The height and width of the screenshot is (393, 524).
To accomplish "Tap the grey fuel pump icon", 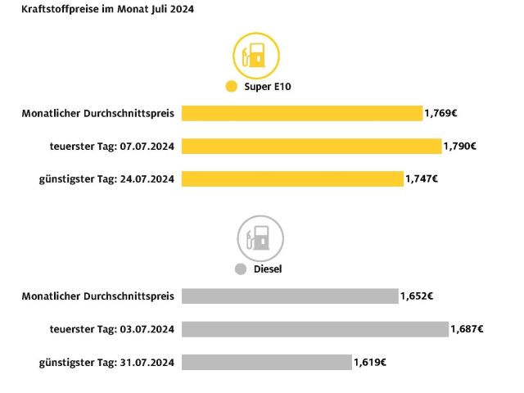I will [260, 238].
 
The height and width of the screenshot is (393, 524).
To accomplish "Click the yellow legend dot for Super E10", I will [230, 87].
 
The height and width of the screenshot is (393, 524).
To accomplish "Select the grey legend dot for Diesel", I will [240, 269].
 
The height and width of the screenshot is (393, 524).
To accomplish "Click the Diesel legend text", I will [267, 269].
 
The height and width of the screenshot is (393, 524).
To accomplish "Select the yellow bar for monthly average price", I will [301, 113].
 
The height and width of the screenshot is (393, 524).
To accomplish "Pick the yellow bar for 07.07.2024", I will [311, 146].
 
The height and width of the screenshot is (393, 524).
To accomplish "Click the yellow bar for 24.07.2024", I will [292, 178].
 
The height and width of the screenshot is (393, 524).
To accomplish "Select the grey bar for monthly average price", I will [290, 296].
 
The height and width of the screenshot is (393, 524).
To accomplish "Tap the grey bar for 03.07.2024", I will [315, 328].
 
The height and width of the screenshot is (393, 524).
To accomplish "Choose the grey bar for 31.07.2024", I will [266, 361].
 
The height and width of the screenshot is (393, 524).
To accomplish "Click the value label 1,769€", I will [440, 113].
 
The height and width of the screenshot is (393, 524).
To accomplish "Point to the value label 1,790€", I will [460, 146].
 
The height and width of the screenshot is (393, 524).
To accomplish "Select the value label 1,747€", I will [422, 178].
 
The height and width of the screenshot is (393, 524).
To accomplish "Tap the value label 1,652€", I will [417, 296].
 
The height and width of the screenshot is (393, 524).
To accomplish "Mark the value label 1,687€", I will [467, 328].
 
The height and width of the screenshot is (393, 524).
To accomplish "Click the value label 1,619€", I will [370, 361].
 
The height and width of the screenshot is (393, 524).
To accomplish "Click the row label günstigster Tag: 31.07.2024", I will [106, 361].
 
